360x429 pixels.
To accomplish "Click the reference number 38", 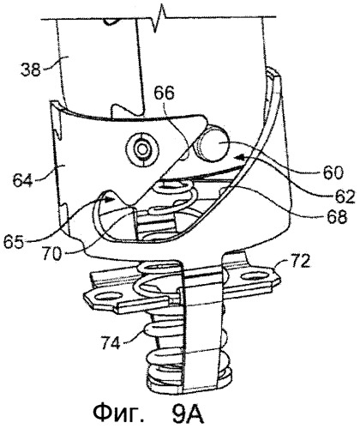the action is pos(30,69).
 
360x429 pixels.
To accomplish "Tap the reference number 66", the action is pos(164,94).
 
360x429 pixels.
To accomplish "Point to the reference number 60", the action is pos(333,172).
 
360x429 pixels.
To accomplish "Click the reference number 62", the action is pos(344,196).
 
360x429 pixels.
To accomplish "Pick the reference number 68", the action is pos(337,217).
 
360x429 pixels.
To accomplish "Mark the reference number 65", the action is pos(14,243).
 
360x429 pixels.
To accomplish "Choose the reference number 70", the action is pos(52,254).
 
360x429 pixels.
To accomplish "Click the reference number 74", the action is pos(110,343).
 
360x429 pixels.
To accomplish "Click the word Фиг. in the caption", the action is pos(119,415).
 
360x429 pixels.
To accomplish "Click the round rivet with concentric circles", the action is pos(142,148).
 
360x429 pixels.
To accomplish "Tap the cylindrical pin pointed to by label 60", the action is pos(213,144).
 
